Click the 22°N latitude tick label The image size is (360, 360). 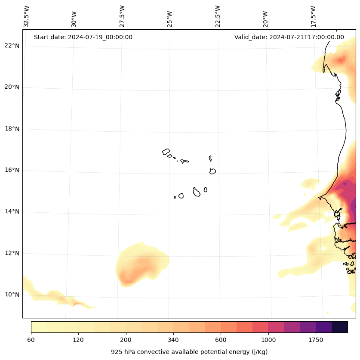[12, 46]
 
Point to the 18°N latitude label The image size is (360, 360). [12, 129]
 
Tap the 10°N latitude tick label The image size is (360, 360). [12, 295]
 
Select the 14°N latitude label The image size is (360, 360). [12, 211]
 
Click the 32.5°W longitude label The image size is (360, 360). [27, 16]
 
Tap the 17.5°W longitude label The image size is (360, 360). [314, 16]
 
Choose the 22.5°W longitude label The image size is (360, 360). [218, 16]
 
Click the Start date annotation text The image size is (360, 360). [83, 37]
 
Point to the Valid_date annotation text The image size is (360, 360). [289, 37]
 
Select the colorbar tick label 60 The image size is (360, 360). [31, 340]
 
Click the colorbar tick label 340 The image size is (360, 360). [173, 340]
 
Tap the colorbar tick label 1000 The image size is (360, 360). [268, 340]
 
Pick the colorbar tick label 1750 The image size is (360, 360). [316, 340]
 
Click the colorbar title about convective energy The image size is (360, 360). [189, 352]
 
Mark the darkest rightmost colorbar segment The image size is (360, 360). [340, 327]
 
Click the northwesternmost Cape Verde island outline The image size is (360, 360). [166, 152]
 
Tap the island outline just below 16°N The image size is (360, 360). [212, 171]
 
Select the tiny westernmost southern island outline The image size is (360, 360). [175, 197]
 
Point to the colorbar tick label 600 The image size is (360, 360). [221, 340]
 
